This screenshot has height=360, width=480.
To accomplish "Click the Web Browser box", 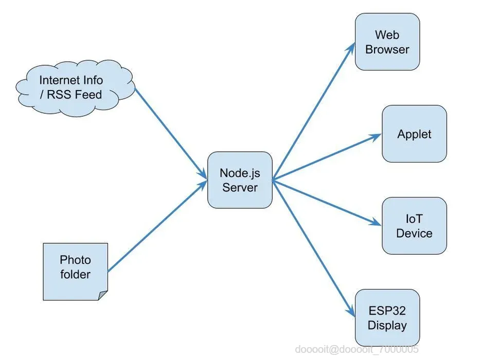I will (x=387, y=42).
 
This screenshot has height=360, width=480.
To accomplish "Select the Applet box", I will (x=414, y=134).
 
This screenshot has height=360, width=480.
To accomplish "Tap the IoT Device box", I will (x=414, y=226).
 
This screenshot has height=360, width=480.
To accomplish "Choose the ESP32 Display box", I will (x=387, y=318).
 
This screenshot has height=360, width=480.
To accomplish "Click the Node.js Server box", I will (x=239, y=180).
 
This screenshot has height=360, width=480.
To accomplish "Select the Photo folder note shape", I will (x=75, y=271).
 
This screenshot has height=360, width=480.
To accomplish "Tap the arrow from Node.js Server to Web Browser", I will (x=314, y=111).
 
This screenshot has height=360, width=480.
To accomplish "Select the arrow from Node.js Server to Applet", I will (x=327, y=157).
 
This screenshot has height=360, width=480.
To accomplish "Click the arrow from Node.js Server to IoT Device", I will (x=327, y=202).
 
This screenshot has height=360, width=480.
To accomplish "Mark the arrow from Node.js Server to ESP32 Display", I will (x=314, y=247).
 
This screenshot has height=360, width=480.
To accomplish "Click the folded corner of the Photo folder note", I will (x=103, y=295).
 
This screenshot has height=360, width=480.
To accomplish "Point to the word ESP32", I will (x=387, y=311).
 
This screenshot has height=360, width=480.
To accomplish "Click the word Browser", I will (x=387, y=50).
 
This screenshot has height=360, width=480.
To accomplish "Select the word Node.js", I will (x=239, y=173).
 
